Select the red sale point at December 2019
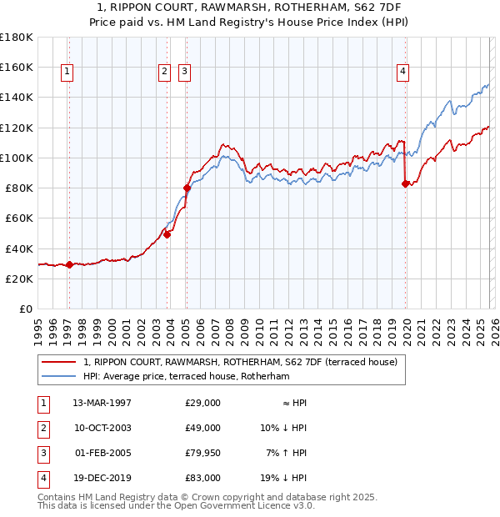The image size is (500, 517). tap(405, 184)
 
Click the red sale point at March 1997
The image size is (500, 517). tap(69, 265)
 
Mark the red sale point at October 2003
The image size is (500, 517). tap(167, 234)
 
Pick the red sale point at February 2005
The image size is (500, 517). tap(187, 188)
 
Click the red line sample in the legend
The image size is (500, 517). tap(60, 363)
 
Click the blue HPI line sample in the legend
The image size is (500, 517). tap(60, 377)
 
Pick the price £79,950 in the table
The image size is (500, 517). tap(202, 453)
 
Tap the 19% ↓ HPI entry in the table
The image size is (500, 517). tap(284, 478)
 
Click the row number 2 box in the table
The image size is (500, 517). tap(42, 428)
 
